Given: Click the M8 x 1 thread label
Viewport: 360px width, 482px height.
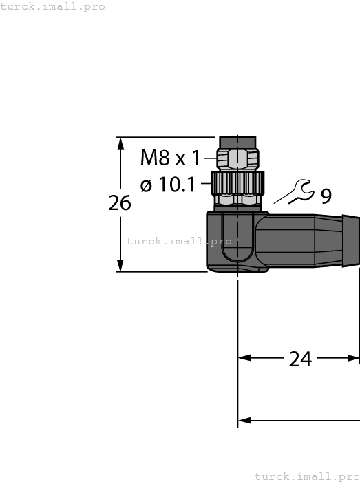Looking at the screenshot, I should click(170, 158).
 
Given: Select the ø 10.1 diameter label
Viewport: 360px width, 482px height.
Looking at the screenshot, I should click(167, 185).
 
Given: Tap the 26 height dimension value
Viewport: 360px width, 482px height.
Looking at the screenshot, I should click(120, 203).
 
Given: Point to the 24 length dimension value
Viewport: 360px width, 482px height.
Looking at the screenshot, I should click(299, 359).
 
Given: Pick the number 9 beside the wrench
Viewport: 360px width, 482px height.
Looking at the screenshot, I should click(326, 196).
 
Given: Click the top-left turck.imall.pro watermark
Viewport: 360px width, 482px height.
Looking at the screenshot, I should click(53, 6).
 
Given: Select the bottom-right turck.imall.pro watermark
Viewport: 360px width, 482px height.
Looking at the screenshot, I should click(307, 476).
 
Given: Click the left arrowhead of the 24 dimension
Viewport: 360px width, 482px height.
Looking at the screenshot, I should click(245, 358).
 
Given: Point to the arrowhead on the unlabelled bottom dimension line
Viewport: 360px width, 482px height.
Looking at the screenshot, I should click(245, 420).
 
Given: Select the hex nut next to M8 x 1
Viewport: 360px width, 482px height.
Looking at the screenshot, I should click(237, 159).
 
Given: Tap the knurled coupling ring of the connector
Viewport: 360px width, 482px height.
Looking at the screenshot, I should click(237, 183).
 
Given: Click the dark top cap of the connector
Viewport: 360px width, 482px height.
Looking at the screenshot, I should click(237, 141).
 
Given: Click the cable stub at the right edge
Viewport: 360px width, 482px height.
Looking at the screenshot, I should click(352, 242).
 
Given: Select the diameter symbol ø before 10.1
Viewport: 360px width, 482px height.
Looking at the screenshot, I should click(146, 185).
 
